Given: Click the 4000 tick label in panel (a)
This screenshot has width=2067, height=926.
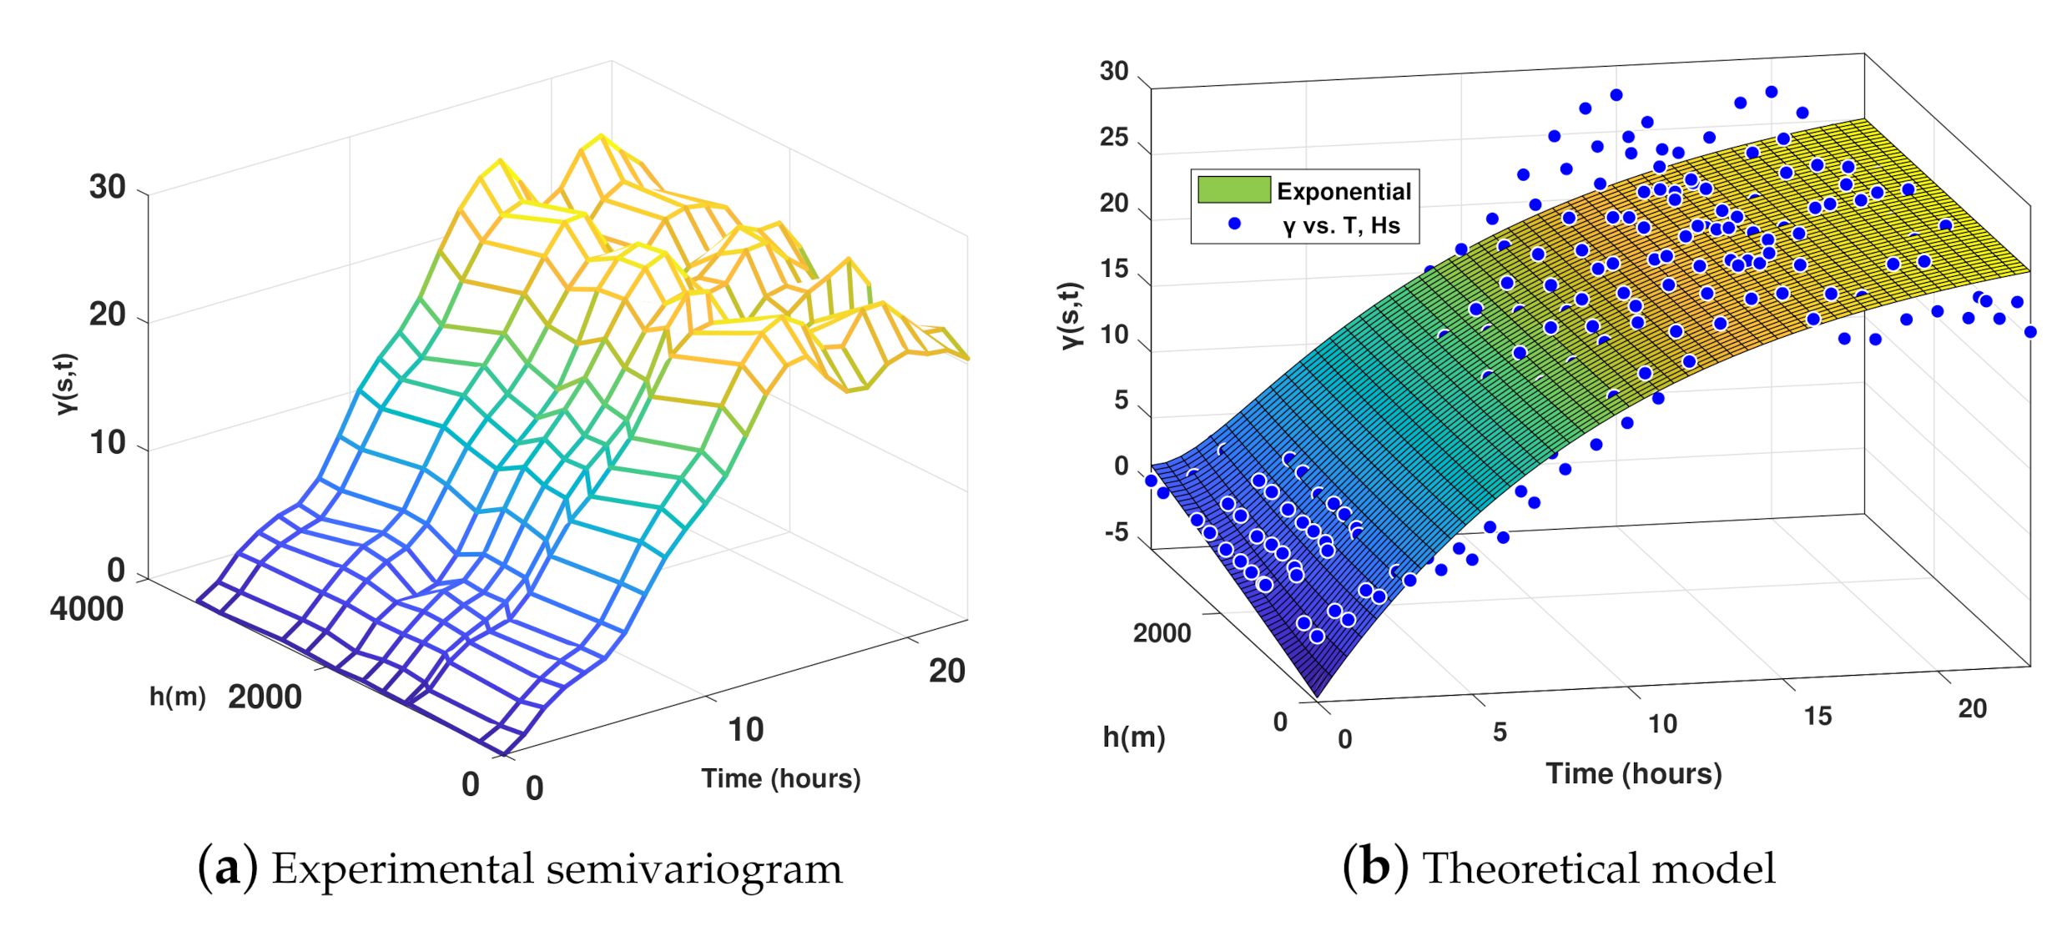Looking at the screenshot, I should [87, 609].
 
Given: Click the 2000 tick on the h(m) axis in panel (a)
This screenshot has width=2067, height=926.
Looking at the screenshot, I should [265, 697].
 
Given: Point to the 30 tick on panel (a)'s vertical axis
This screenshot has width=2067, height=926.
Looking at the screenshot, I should [108, 188].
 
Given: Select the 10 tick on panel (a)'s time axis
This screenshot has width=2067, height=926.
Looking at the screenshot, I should [745, 730].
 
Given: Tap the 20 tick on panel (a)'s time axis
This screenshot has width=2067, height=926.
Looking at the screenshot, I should [946, 672].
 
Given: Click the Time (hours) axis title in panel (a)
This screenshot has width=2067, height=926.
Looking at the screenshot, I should [780, 778].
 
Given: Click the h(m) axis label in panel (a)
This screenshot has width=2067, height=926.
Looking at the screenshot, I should [177, 697].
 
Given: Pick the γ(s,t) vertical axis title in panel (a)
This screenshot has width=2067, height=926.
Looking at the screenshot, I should [65, 384].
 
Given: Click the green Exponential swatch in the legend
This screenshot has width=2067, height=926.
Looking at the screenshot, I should [1233, 190].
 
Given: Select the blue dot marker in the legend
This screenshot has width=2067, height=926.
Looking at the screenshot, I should [1234, 224].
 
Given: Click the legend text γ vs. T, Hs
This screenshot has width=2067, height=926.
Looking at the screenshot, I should [1341, 225].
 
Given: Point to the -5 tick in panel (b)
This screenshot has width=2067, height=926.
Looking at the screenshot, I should [1116, 532].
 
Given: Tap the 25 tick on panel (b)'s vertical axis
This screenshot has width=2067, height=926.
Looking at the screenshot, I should [1114, 138].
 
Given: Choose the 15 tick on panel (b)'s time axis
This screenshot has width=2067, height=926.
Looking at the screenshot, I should [1817, 717].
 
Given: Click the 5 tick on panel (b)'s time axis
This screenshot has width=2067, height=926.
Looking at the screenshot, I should [1500, 732].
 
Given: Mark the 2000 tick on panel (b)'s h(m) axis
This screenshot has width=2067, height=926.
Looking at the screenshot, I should [1162, 634].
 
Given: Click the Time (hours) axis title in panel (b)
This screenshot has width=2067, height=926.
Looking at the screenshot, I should [1633, 774].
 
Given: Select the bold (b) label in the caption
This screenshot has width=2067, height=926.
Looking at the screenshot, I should [1375, 868].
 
